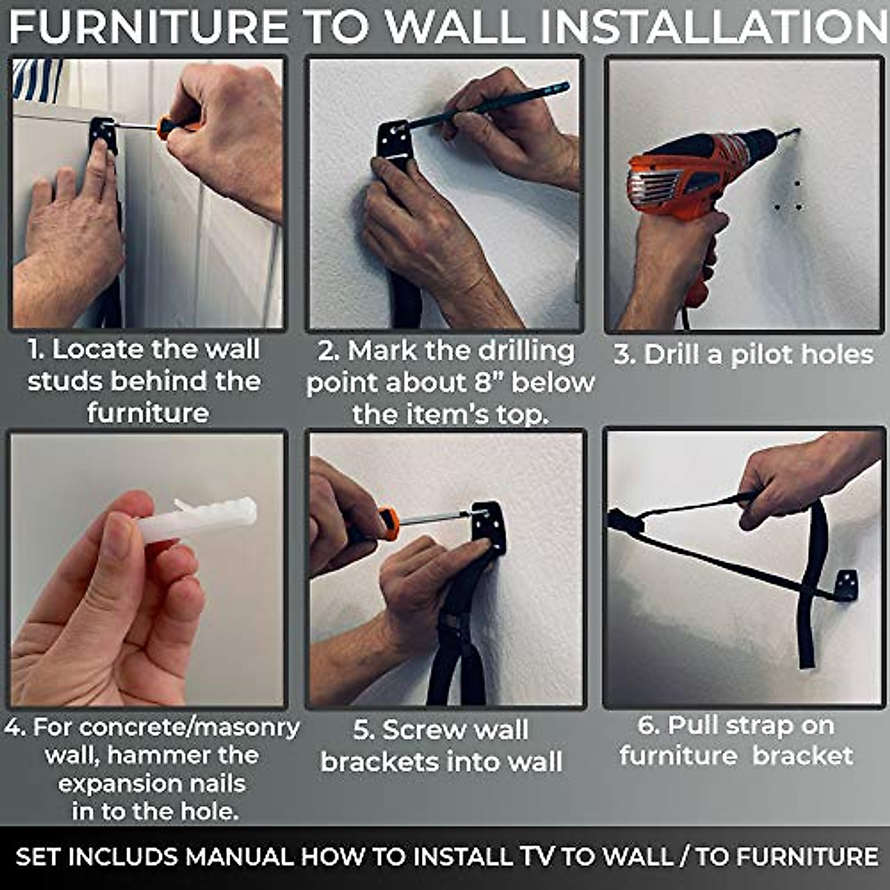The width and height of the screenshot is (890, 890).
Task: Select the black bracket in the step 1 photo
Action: coord(103,135)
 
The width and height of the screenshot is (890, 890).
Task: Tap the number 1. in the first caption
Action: coord(37,350)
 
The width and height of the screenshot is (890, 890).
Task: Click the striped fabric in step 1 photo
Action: coord(36,79)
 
